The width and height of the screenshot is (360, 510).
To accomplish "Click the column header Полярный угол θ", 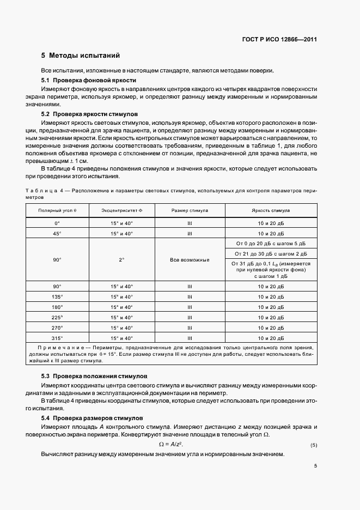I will (x=57, y=210).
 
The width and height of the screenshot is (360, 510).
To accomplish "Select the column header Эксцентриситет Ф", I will (x=121, y=210).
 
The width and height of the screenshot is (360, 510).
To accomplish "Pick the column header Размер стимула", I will (x=190, y=210).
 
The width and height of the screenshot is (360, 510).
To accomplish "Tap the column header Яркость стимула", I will (x=271, y=210).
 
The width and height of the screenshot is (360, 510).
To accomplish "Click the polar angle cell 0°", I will (x=57, y=223).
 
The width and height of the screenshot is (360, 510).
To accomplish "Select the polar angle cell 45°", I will (x=57, y=233).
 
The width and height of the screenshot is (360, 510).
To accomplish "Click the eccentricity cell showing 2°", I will (x=121, y=260).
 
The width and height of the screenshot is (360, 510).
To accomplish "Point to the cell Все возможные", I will (x=190, y=260).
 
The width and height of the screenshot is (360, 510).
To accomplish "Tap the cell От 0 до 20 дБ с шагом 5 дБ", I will (x=271, y=243).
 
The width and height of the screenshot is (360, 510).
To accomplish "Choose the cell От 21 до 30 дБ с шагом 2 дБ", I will (x=271, y=253).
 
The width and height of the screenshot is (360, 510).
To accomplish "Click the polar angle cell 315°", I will (x=57, y=338).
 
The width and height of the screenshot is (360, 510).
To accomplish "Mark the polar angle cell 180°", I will (x=57, y=307).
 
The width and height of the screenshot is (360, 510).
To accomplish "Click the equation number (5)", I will (x=314, y=446).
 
